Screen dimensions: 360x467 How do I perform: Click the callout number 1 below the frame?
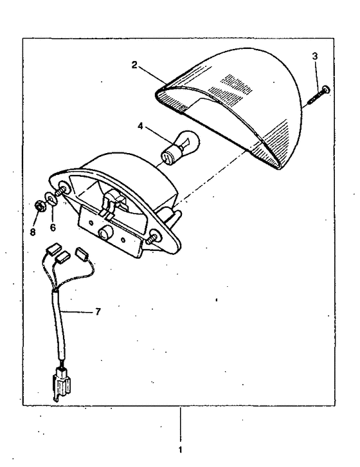[x=180, y=450]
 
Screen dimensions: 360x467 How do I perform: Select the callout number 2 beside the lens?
[x=134, y=64]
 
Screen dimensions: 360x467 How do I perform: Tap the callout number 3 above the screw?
[x=315, y=56]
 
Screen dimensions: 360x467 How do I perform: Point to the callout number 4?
[x=140, y=126]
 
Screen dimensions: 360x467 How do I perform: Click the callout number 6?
[x=53, y=227]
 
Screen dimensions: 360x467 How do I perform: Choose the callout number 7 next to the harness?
[x=98, y=312]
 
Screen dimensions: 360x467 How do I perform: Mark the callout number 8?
[x=33, y=232]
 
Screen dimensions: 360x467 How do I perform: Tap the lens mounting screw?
[x=318, y=95]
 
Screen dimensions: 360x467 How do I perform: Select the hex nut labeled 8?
[x=40, y=206]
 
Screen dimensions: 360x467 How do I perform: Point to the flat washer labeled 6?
[x=51, y=199]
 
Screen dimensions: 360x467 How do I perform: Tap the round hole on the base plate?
[x=105, y=233]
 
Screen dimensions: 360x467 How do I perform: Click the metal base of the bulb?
[x=168, y=158]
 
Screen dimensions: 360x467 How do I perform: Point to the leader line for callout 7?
[x=76, y=312]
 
